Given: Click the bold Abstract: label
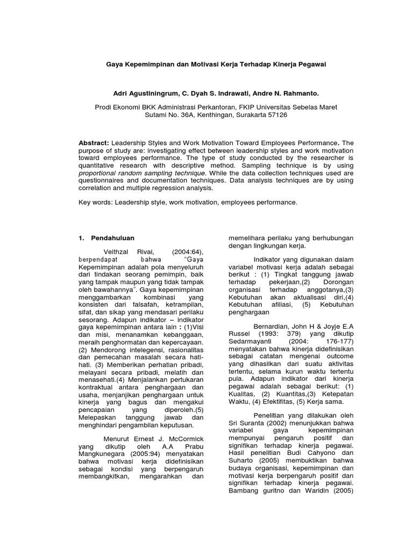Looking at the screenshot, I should pyautogui.click(x=94, y=143).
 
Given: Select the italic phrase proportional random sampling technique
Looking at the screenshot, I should pyautogui.click(x=142, y=173).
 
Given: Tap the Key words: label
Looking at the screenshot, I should pyautogui.click(x=95, y=202).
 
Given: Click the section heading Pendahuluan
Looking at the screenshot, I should pyautogui.click(x=113, y=237).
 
